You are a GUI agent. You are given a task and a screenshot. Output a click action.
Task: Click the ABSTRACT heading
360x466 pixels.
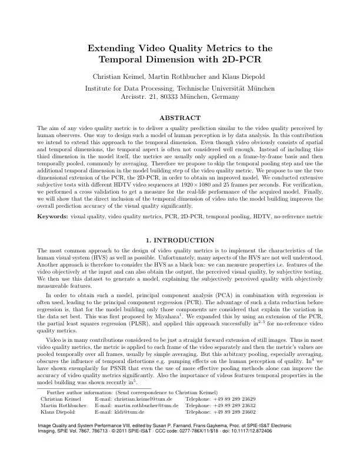[180, 118]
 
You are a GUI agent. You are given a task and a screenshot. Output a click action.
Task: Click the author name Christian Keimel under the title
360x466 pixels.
[117, 76]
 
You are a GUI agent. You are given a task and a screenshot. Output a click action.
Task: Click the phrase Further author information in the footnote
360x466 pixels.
[76, 392]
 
